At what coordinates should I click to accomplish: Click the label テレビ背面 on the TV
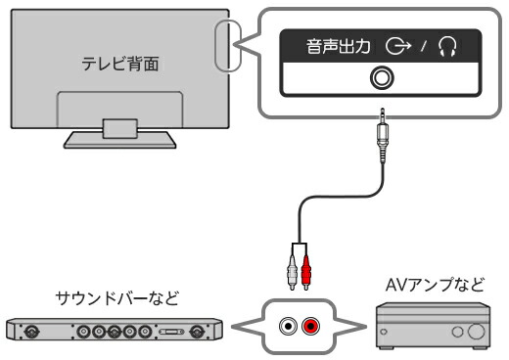pyautogui.click(x=120, y=64)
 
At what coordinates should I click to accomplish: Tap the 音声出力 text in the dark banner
pyautogui.click(x=339, y=46)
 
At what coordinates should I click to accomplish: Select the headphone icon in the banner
pyautogui.click(x=447, y=46)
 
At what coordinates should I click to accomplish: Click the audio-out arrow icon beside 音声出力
pyautogui.click(x=398, y=46)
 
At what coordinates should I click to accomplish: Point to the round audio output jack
pyautogui.click(x=382, y=78)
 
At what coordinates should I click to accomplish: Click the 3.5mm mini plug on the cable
pyautogui.click(x=383, y=136)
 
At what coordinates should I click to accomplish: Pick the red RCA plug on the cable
pyautogui.click(x=306, y=273)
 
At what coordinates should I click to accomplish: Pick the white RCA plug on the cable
pyautogui.click(x=292, y=273)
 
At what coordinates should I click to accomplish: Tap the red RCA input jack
pyautogui.click(x=310, y=326)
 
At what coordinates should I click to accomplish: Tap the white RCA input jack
pyautogui.click(x=288, y=326)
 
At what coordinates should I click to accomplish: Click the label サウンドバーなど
pyautogui.click(x=117, y=298)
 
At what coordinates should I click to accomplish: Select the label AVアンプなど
pyautogui.click(x=435, y=285)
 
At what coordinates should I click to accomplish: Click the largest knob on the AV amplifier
pyautogui.click(x=476, y=332)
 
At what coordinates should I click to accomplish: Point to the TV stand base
pyautogui.click(x=119, y=140)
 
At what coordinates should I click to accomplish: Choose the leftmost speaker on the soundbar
pyautogui.click(x=31, y=332)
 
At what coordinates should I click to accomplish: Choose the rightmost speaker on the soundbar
pyautogui.click(x=197, y=332)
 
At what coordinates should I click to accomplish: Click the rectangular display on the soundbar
pyautogui.click(x=171, y=332)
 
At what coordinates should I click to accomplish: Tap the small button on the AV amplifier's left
pyautogui.click(x=384, y=332)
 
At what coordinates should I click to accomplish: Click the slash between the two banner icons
pyautogui.click(x=424, y=46)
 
